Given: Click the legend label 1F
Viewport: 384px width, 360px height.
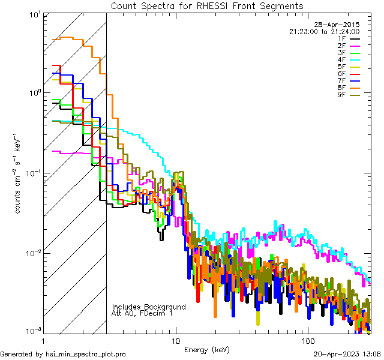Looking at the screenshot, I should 342,38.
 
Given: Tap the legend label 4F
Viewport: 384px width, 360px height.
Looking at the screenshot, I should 342,59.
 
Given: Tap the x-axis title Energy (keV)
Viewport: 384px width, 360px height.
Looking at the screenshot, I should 206,349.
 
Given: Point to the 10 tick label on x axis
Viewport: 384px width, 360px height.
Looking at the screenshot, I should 175,340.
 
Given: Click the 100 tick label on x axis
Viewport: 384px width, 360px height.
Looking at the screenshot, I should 307,340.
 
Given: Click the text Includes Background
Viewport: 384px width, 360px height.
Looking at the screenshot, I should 149,307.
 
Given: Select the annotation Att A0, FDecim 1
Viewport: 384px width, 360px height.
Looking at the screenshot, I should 143,313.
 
